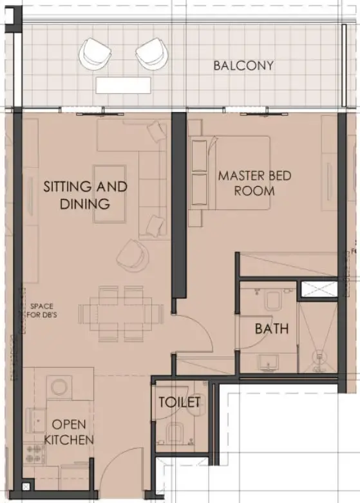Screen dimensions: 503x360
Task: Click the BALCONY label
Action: [243, 66]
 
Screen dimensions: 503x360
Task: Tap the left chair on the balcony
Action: [95, 53]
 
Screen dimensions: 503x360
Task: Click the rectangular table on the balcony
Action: [123, 84]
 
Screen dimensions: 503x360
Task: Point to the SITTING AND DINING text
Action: [85, 195]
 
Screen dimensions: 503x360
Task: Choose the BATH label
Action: [271, 328]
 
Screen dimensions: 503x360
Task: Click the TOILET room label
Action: [180, 403]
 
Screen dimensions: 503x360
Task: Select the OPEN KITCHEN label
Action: [73, 432]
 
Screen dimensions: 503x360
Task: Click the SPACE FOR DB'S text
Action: [41, 312]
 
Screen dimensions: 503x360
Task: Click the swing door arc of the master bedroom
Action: [196, 335]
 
